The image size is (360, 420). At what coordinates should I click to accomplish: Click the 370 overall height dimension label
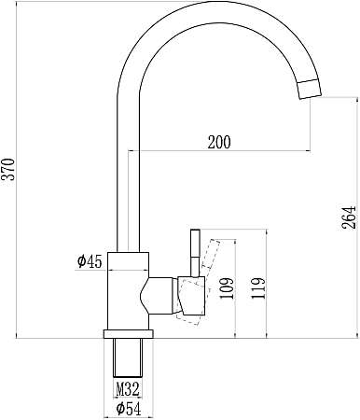[x=8, y=170]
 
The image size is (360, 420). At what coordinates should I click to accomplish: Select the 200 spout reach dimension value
[x=219, y=142]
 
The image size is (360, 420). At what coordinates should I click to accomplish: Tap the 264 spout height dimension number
[x=349, y=217]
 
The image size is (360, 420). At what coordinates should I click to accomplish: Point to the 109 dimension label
[x=227, y=288]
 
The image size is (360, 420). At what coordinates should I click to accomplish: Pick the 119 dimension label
[x=258, y=288]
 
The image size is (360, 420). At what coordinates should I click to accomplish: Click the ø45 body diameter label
[x=90, y=261]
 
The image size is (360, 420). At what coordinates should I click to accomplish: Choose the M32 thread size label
[x=128, y=389]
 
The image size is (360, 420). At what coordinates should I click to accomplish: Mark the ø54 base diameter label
[x=129, y=409]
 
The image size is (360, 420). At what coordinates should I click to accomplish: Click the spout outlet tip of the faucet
[x=310, y=90]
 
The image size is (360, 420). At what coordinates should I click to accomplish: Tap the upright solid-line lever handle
[x=195, y=253]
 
